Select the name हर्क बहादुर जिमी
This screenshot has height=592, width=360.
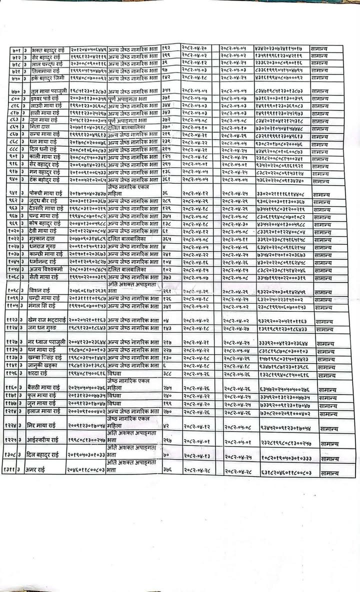pyautogui.click(x=40, y=78)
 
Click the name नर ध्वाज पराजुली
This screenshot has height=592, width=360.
pyautogui.click(x=44, y=342)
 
